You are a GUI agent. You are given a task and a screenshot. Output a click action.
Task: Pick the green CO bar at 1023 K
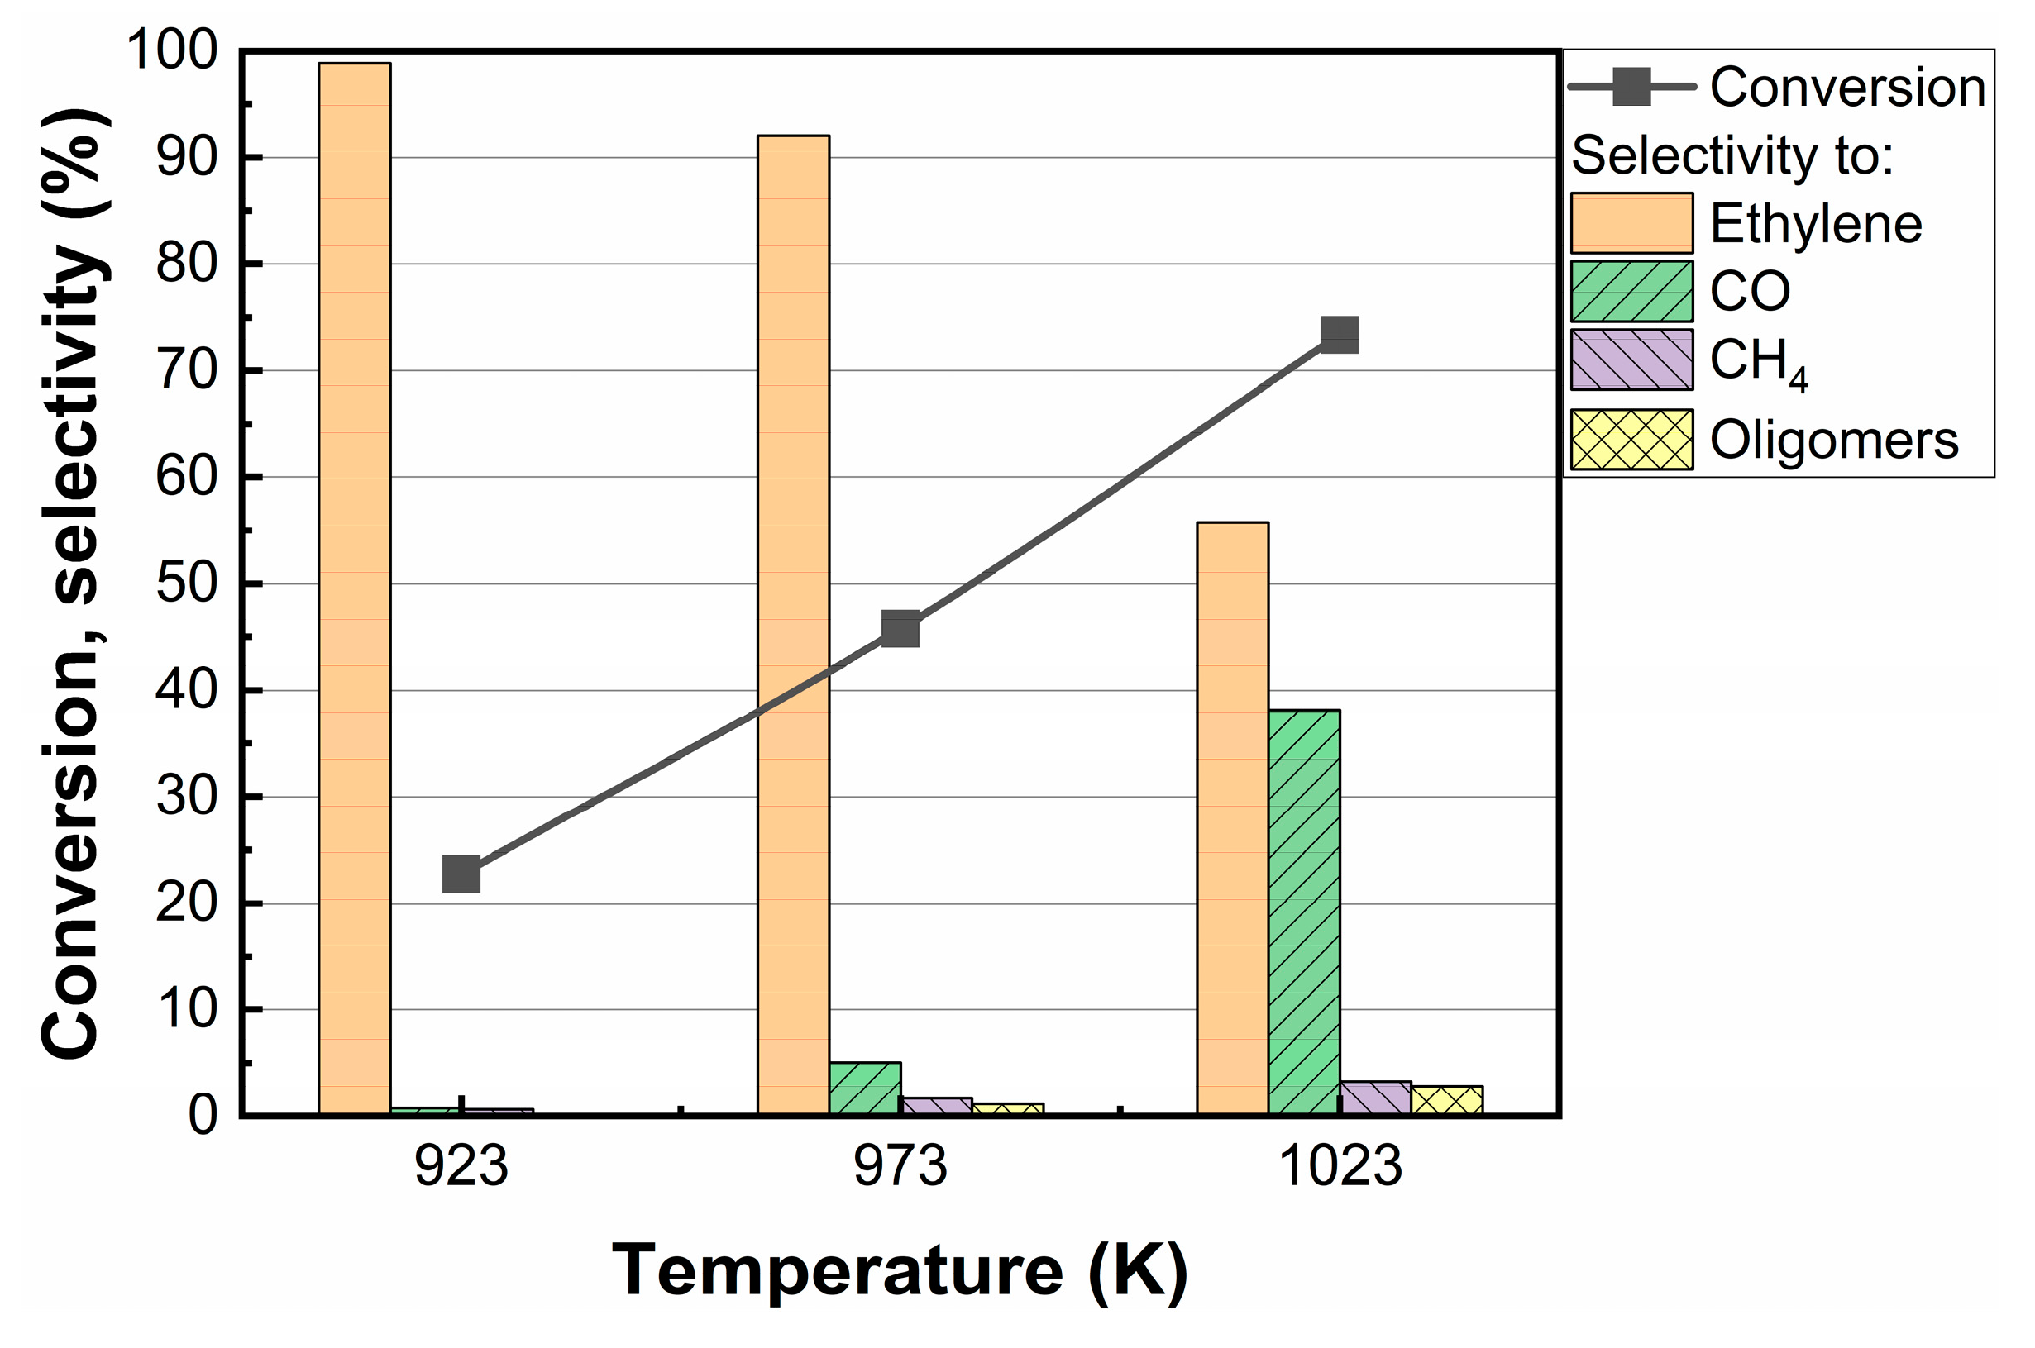1303,912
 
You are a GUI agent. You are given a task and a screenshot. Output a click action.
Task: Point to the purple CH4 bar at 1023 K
1374,1098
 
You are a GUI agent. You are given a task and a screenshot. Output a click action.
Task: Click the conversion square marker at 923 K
461,874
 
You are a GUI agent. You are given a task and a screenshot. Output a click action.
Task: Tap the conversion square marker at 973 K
900,629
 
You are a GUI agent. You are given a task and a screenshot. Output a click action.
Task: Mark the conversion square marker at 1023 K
1340,335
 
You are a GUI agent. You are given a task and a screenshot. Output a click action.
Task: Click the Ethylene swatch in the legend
1631,222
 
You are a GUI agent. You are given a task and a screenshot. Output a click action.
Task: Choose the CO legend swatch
1631,292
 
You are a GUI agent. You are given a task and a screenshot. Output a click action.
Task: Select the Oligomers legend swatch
1631,440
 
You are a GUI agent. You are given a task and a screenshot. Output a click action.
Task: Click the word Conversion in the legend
1846,87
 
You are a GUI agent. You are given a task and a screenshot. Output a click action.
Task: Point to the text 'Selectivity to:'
1732,155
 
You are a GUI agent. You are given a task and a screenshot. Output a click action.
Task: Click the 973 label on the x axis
900,1167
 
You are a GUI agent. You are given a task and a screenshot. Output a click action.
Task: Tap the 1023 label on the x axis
1340,1167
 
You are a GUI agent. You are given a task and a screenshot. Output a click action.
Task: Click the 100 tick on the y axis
172,50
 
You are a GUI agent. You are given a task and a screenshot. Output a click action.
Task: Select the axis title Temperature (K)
900,1270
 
